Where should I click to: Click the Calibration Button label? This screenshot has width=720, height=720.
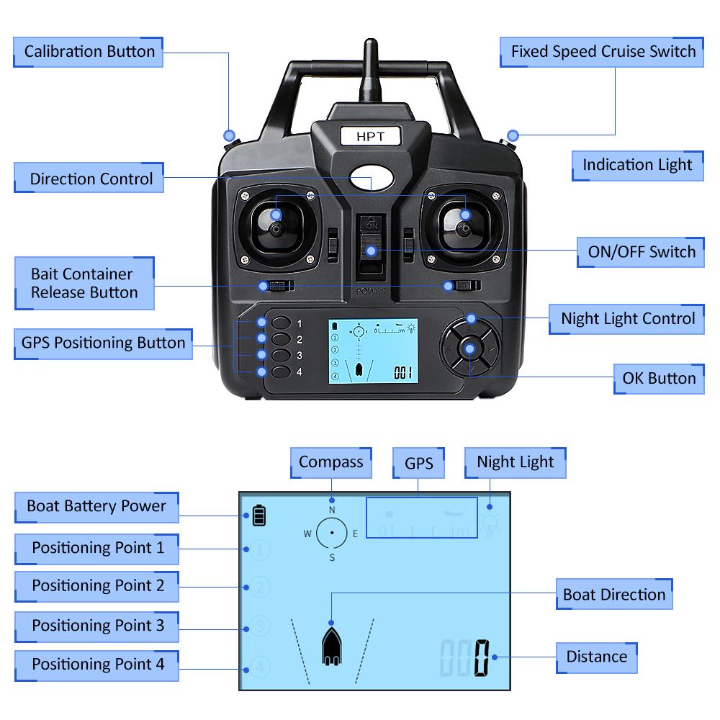pyautogui.click(x=89, y=52)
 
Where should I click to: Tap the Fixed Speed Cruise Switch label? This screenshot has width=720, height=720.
pyautogui.click(x=603, y=52)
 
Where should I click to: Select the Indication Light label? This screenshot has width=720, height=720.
pyautogui.click(x=636, y=165)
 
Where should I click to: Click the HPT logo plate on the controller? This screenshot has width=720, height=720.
pyautogui.click(x=370, y=136)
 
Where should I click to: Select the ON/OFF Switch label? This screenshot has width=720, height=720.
pyautogui.click(x=642, y=251)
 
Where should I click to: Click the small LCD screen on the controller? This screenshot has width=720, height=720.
pyautogui.click(x=373, y=351)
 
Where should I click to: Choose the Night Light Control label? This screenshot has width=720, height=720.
pyautogui.click(x=628, y=318)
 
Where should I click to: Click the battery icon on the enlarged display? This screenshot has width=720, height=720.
pyautogui.click(x=258, y=516)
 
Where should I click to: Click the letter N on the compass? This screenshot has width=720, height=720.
pyautogui.click(x=332, y=510)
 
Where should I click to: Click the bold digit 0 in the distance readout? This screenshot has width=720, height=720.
pyautogui.click(x=481, y=657)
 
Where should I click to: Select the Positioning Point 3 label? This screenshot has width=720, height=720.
pyautogui.click(x=97, y=625)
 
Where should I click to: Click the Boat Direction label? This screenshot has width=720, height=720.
pyautogui.click(x=613, y=595)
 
